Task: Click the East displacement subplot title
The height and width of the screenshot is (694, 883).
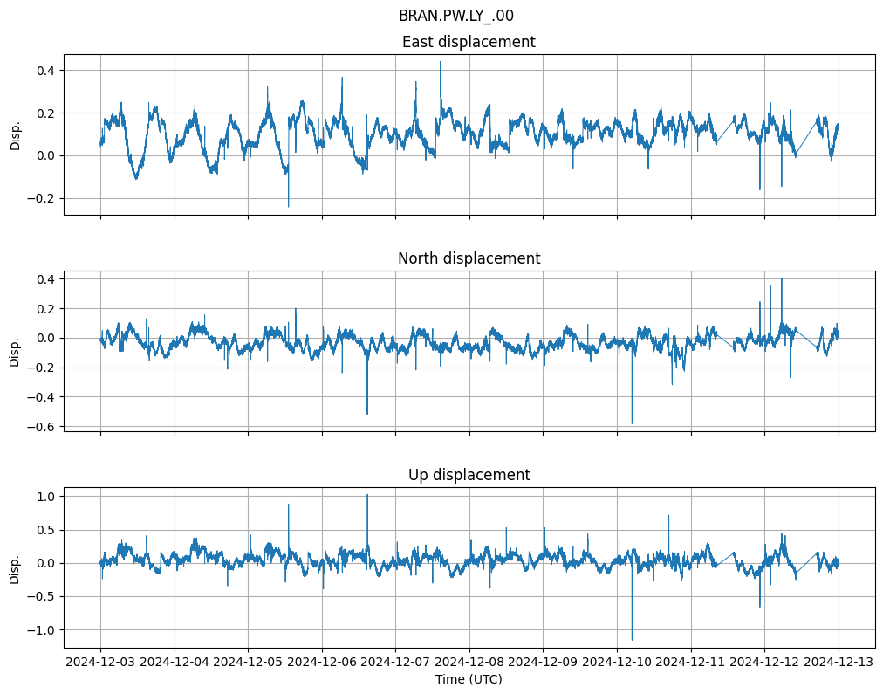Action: tap(469, 42)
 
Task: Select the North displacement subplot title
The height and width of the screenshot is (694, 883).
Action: tap(469, 258)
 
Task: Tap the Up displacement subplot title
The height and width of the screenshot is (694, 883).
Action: tap(469, 475)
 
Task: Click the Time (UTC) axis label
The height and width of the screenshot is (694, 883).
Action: tap(469, 679)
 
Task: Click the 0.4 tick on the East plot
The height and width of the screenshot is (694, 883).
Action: tap(43, 70)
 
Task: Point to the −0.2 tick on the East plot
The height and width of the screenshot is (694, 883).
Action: tap(39, 198)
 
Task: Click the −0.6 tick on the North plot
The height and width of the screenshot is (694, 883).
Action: tap(39, 427)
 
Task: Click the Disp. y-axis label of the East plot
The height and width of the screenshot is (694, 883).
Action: tap(16, 134)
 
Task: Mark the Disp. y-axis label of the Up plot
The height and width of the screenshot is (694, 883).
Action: tap(16, 567)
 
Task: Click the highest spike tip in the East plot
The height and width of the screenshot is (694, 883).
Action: tap(441, 62)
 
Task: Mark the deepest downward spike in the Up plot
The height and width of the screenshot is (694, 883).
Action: tap(632, 640)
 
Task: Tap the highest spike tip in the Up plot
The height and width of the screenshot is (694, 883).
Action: tap(367, 495)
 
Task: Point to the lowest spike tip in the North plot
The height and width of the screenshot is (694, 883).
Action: tap(632, 423)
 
